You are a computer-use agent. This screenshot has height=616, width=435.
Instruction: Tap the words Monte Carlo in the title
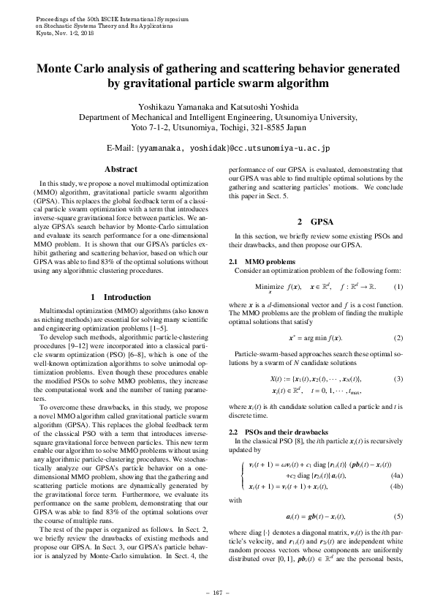[x=74, y=70]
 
